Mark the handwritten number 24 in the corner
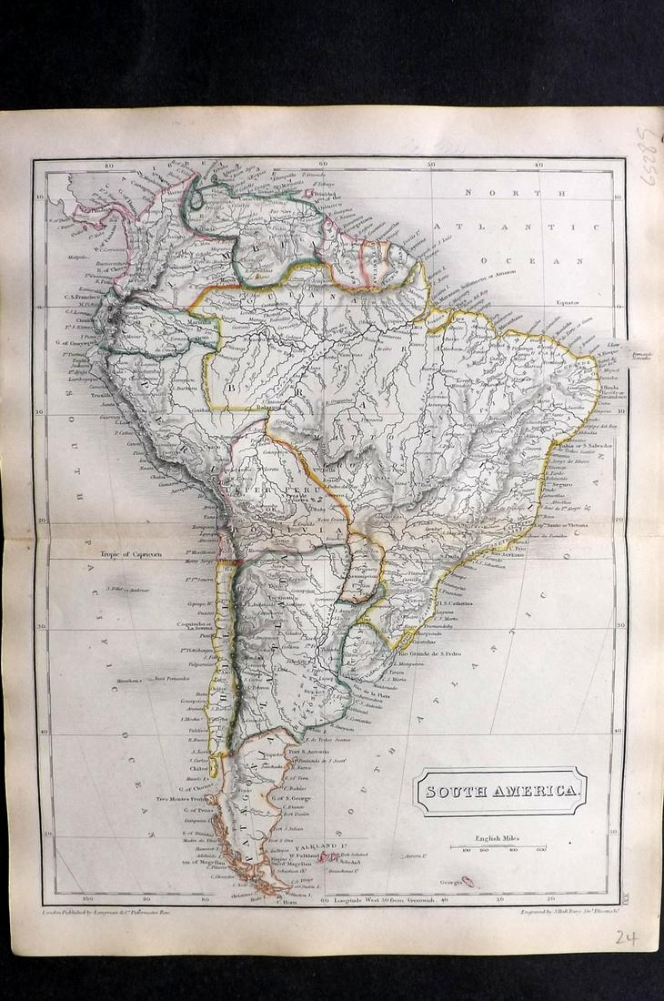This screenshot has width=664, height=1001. click(625, 937)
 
